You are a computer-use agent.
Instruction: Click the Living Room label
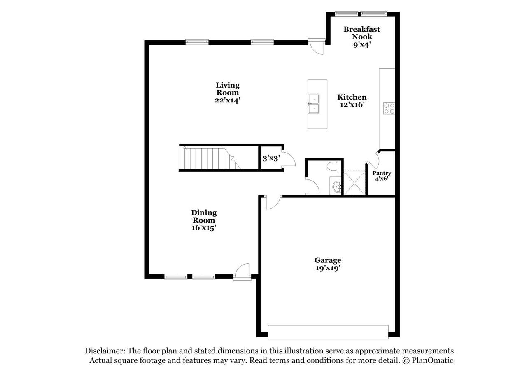coord(228,88)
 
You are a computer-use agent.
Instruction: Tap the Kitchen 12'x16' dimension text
coord(352,104)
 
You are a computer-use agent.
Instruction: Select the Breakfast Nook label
coord(362,33)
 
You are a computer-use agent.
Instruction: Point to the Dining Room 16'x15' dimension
coord(204,228)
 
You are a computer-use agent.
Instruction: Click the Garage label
coord(328,260)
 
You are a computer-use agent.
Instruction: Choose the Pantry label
coord(382,173)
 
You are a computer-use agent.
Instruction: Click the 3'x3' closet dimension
coord(271,158)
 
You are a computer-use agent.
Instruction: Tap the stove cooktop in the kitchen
coord(389,109)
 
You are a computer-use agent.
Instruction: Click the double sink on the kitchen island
coord(314,104)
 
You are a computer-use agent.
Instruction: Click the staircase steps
coord(210,158)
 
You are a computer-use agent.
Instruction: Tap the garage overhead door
coord(328,332)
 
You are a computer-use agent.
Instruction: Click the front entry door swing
coord(242,272)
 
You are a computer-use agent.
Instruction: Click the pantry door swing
coord(373,159)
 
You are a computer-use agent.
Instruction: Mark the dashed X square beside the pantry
coord(354,183)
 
